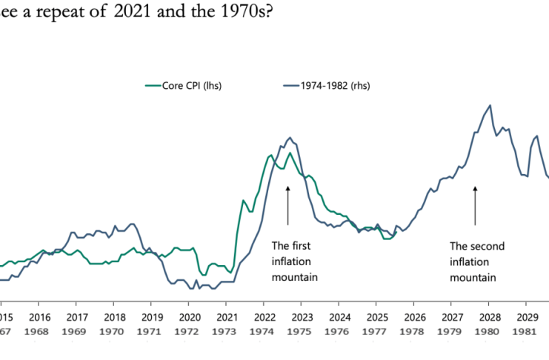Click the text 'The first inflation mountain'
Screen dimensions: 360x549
(294, 261)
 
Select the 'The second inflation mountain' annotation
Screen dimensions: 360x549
(473, 261)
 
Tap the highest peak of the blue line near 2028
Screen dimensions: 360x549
(490, 105)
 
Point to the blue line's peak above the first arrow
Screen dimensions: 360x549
(290, 137)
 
